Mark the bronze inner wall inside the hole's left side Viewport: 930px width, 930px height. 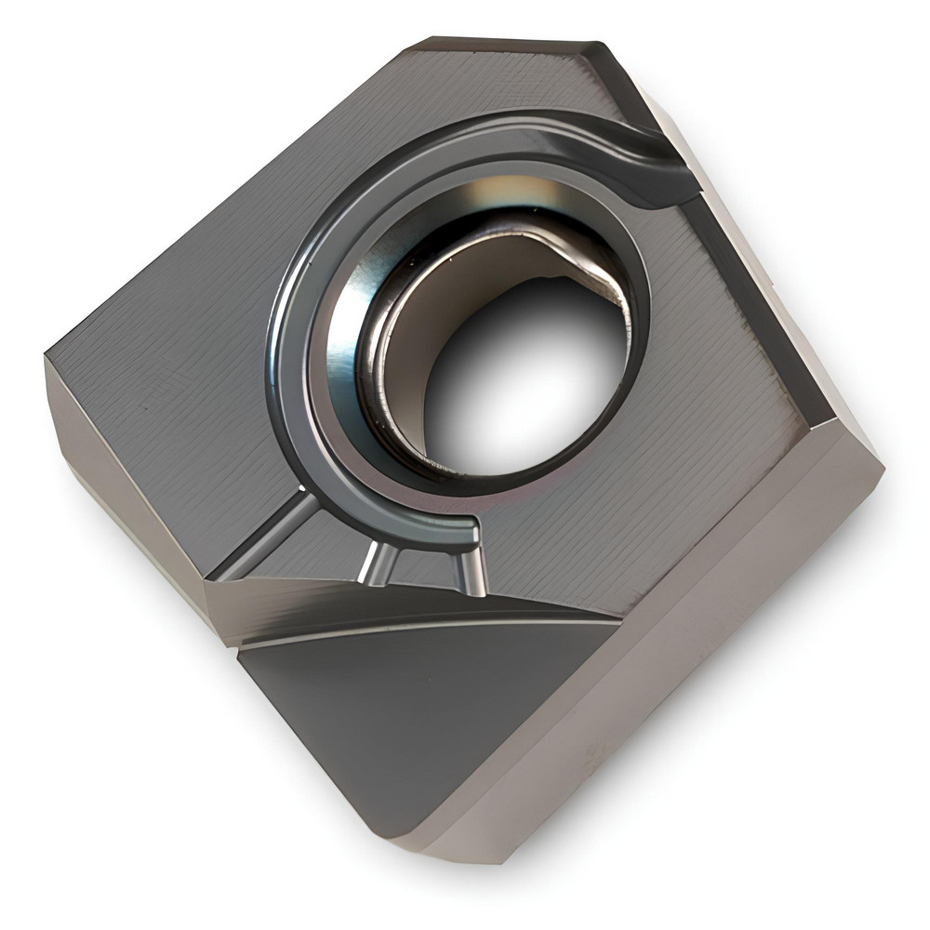click(x=400, y=372)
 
